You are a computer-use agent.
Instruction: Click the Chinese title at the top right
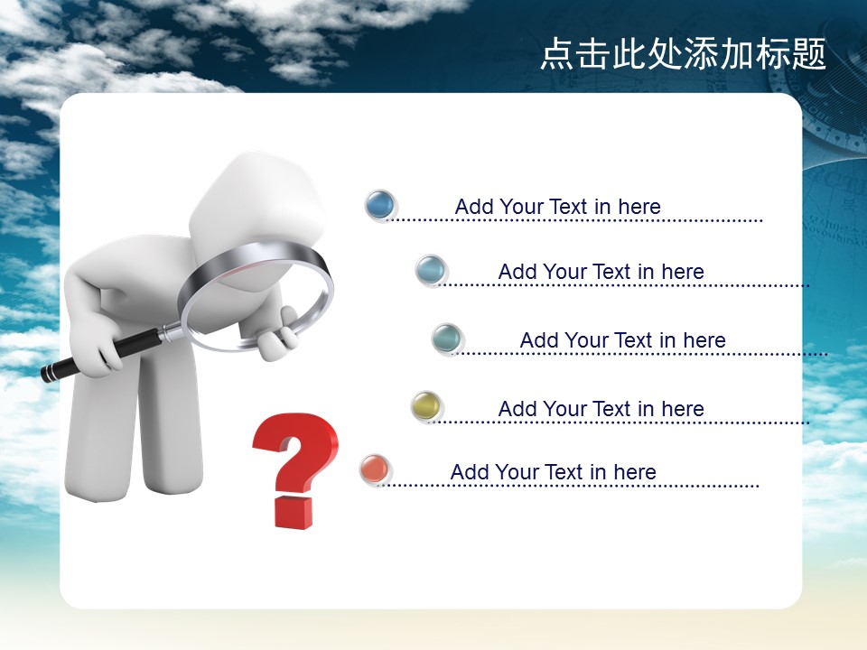(x=683, y=53)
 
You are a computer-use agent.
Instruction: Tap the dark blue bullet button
(x=380, y=205)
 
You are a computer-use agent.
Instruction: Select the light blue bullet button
(x=430, y=270)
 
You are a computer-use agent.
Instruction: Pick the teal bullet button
(x=447, y=339)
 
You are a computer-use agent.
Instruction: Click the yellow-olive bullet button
(x=427, y=406)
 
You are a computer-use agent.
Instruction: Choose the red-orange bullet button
(x=375, y=469)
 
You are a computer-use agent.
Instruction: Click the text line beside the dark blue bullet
(x=557, y=207)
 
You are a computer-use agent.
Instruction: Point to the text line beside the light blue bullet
(x=601, y=272)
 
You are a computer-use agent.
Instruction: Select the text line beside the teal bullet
(x=622, y=340)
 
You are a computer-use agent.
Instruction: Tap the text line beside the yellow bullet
(x=601, y=409)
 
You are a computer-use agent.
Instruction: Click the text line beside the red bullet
(x=553, y=472)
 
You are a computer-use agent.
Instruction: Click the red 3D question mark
(x=295, y=470)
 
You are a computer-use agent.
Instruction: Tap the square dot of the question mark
(x=293, y=513)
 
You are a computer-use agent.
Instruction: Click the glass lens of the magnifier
(x=257, y=304)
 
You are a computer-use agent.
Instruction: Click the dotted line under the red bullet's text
(x=568, y=486)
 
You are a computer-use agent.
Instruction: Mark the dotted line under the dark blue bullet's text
(x=574, y=220)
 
